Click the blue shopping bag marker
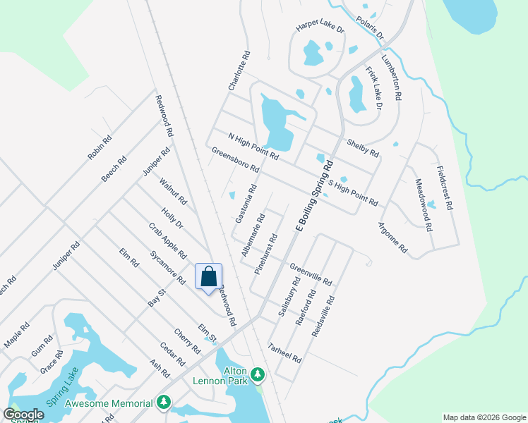coord(209,276)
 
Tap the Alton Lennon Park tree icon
coord(259,372)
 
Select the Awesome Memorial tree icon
coord(164,402)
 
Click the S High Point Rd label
coord(354,192)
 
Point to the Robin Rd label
coord(100,147)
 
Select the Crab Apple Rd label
coord(167,241)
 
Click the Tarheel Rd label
coord(285,352)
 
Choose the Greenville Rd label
coord(311,274)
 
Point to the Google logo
coord(24,415)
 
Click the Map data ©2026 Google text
coord(484,417)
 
